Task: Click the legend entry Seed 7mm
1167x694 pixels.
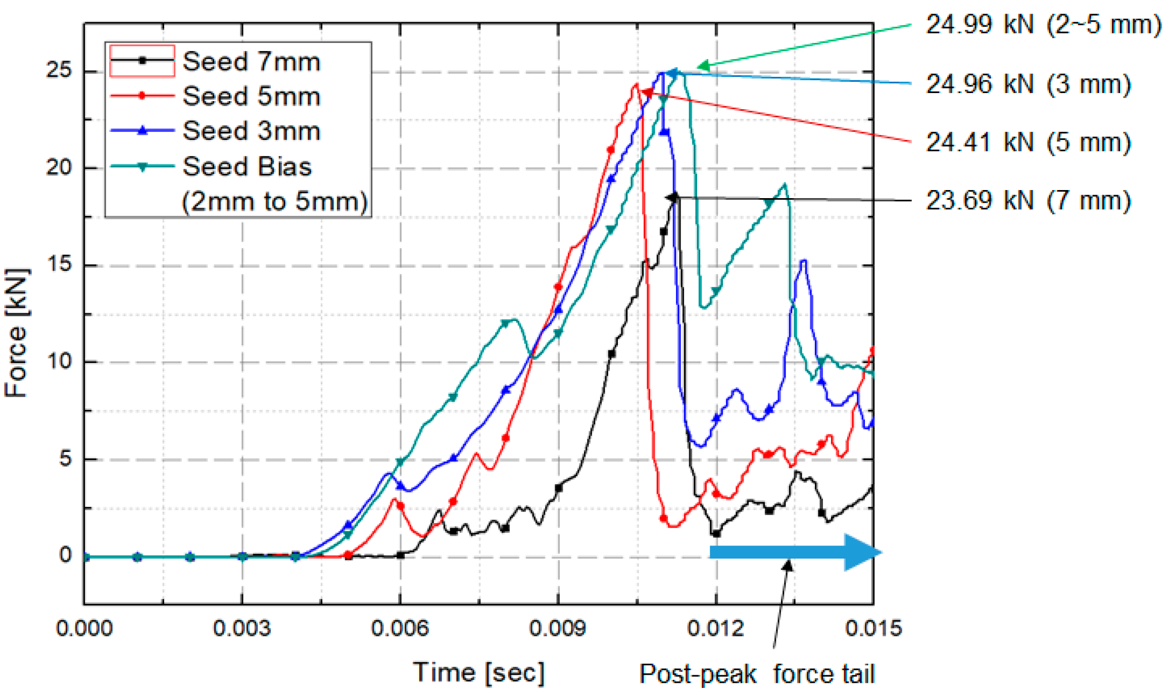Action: point(251,62)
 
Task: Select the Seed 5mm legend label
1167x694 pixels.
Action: point(251,96)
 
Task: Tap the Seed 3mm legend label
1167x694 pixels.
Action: point(251,131)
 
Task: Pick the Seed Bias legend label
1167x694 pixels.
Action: point(247,166)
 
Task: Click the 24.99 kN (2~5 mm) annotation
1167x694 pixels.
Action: point(1043,24)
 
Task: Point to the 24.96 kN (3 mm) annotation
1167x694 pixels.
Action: point(1028,84)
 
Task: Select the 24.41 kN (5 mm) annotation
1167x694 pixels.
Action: point(1028,142)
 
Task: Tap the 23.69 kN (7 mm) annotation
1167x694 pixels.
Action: point(1028,201)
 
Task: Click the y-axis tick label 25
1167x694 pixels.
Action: point(59,70)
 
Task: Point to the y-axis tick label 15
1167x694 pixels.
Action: point(59,264)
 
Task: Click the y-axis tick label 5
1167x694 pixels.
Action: point(65,459)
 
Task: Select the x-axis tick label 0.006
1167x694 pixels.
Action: point(400,628)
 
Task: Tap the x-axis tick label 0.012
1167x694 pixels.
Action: point(715,628)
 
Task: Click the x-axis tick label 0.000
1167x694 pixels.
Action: point(84,628)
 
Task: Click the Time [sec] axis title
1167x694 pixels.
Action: point(478,673)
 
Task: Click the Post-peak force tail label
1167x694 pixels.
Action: point(756,674)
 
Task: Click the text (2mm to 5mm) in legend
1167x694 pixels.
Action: point(274,201)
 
